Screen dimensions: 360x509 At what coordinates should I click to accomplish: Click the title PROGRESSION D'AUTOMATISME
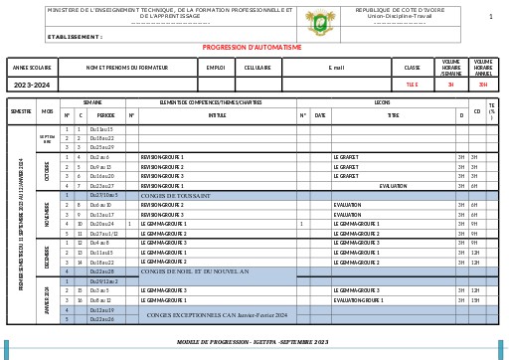(x=252, y=47)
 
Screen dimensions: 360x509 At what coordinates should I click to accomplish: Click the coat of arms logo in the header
(x=315, y=17)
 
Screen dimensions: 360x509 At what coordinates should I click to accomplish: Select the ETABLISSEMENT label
(x=75, y=36)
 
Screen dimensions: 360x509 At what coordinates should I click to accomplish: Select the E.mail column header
(x=336, y=68)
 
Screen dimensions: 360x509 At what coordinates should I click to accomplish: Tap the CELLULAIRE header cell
(x=257, y=68)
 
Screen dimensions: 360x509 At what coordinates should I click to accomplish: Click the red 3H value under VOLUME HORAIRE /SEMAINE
(x=450, y=85)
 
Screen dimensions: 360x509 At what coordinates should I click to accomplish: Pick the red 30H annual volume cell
(x=483, y=85)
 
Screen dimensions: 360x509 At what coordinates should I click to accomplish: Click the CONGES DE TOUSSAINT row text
(x=176, y=195)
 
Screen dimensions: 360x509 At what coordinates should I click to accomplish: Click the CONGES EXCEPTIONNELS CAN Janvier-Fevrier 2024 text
(x=216, y=314)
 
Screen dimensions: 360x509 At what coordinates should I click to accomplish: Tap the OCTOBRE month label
(x=47, y=171)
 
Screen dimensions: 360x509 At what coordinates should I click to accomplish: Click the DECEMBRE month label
(x=47, y=257)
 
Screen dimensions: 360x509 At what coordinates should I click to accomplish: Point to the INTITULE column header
(x=217, y=115)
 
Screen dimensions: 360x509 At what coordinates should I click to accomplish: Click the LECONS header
(x=382, y=102)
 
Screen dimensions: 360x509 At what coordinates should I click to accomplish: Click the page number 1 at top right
(x=489, y=17)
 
